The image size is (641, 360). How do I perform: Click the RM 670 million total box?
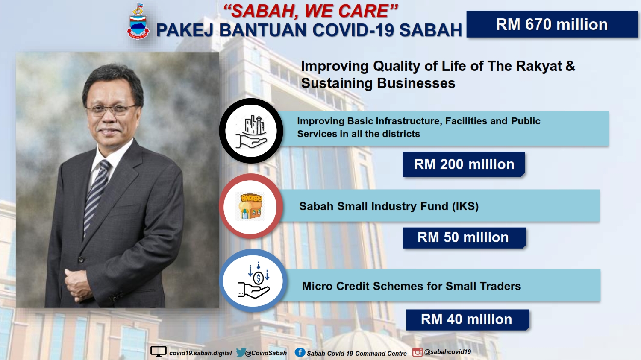pos(552,24)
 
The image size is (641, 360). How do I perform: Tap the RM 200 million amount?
pos(464,164)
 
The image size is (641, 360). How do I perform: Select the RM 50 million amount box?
pos(464,237)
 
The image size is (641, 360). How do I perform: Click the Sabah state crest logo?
pos(138,22)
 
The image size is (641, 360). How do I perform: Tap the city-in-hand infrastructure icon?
pos(251,131)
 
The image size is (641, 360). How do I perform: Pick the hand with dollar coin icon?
pos(254,281)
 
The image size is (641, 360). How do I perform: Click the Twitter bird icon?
pos(241,352)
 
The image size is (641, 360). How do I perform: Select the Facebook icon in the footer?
pos(300,352)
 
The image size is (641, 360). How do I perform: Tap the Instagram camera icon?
pos(417,352)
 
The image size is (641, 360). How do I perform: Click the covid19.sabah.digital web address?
pos(200,353)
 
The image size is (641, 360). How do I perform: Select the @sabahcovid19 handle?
pos(447,352)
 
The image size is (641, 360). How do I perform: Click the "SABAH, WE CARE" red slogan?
pos(311,11)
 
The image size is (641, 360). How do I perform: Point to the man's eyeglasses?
pos(112,109)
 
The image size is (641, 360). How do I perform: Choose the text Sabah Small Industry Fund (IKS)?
pos(388,206)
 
